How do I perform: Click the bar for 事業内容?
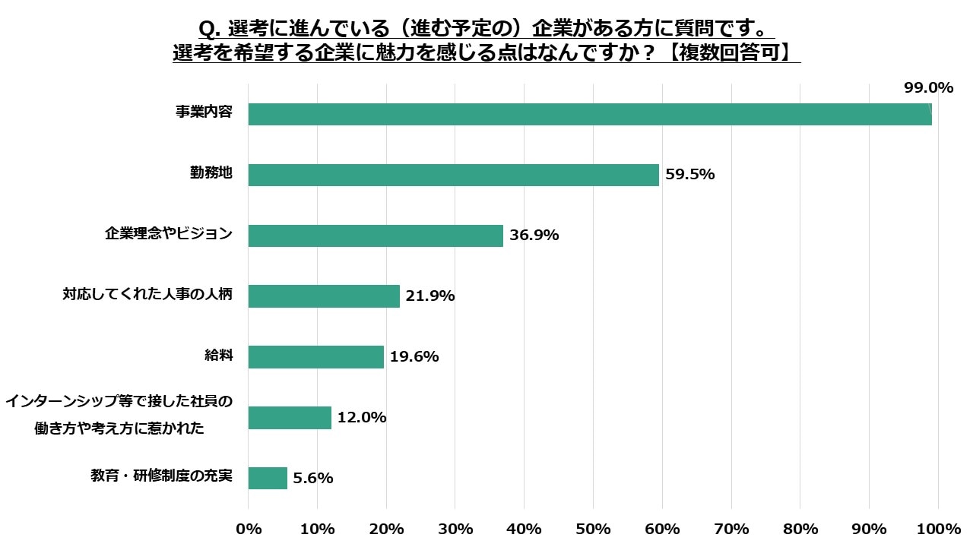(x=590, y=114)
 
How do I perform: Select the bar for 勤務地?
(x=453, y=175)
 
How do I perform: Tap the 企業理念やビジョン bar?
(x=376, y=236)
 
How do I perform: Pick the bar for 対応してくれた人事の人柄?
(x=324, y=296)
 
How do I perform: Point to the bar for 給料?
(x=315, y=357)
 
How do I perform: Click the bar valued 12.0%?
(x=290, y=418)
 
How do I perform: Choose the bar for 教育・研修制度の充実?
(x=268, y=478)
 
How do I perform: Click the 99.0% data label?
(x=928, y=88)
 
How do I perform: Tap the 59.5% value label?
(x=690, y=175)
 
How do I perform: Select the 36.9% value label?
(x=534, y=236)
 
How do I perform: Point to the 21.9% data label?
(x=430, y=296)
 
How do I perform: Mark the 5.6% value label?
(x=313, y=479)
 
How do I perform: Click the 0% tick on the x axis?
(x=249, y=529)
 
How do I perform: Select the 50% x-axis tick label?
(x=593, y=529)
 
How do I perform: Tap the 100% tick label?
(x=938, y=529)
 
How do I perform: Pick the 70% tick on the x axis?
(x=731, y=529)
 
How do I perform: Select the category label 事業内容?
(x=201, y=112)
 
